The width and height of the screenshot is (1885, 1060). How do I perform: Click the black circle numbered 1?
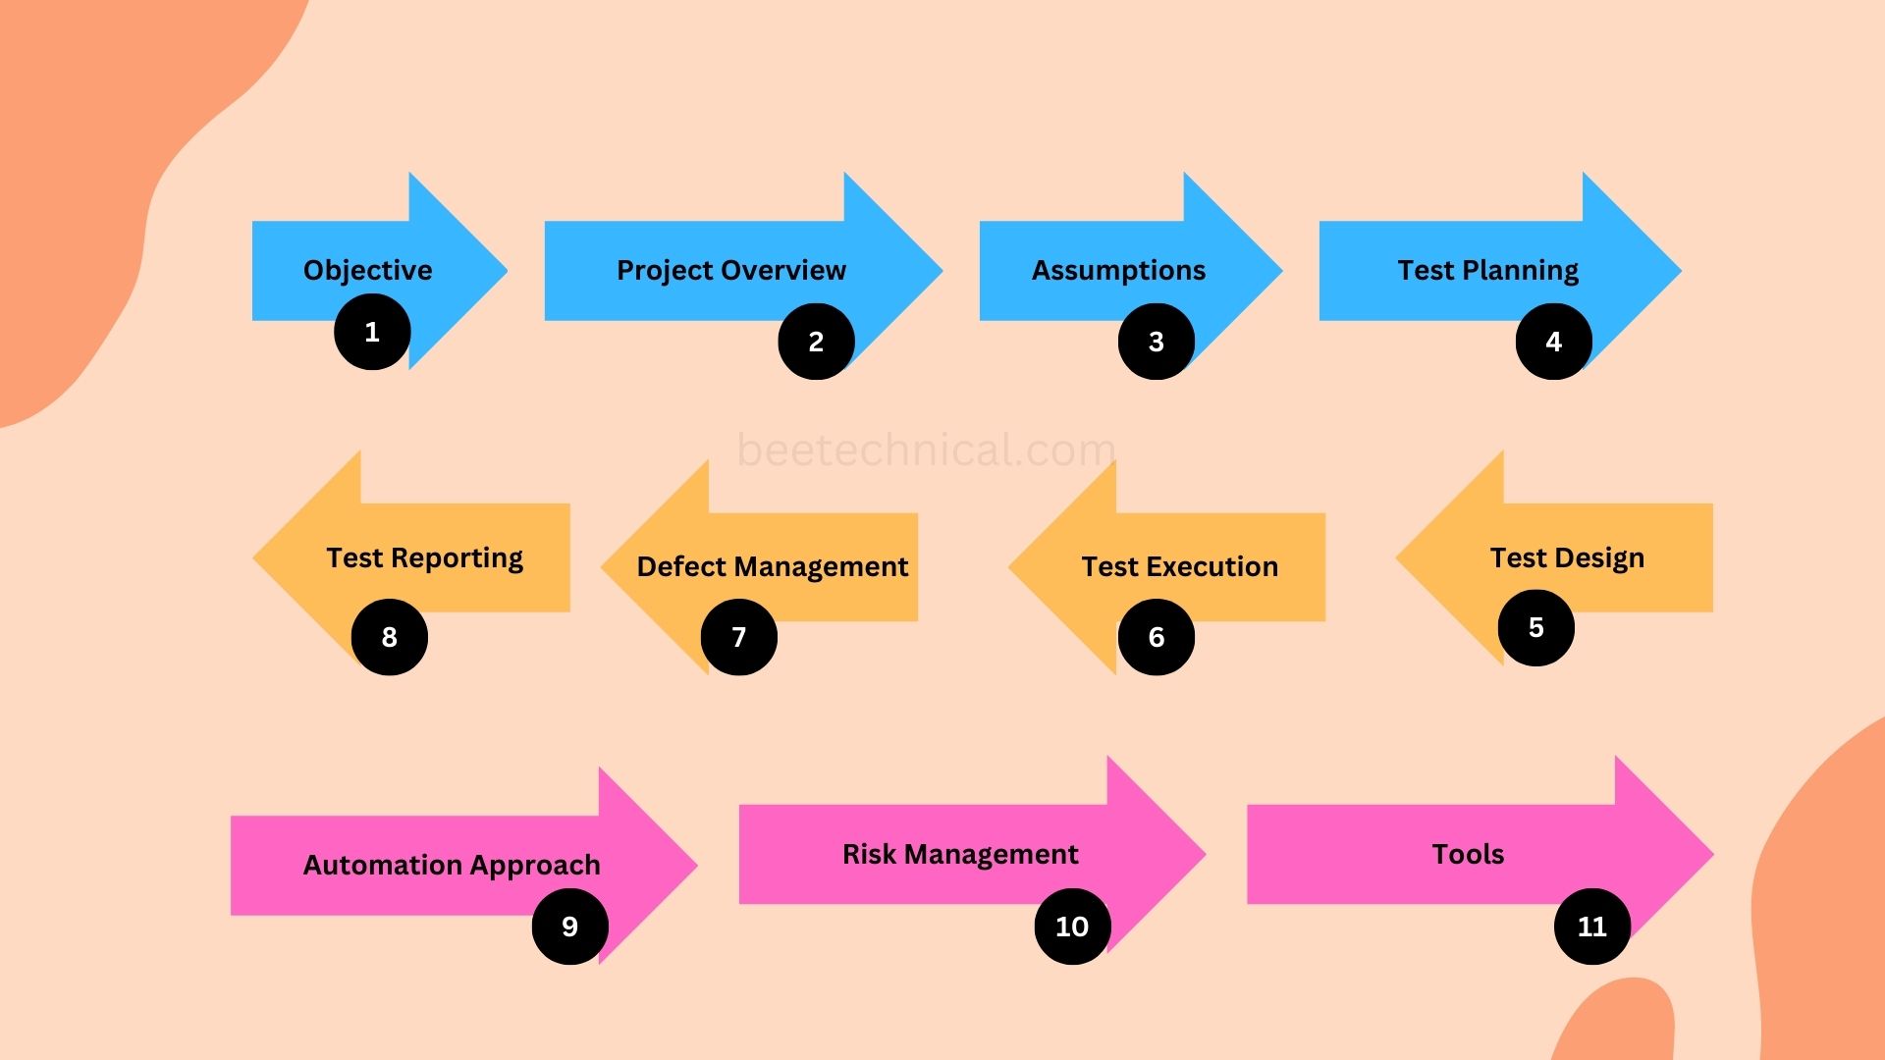(372, 333)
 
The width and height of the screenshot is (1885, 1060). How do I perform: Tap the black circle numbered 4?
(1553, 342)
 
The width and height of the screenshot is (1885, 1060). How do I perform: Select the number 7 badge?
(738, 637)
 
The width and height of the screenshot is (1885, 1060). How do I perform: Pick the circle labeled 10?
(1071, 927)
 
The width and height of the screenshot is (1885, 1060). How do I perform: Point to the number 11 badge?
(1591, 927)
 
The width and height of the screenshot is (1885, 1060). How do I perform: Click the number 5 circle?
(1535, 628)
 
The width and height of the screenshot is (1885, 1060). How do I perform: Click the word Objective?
(367, 270)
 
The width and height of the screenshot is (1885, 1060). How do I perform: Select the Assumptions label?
(1118, 270)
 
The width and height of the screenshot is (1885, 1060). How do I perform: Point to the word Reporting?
(457, 558)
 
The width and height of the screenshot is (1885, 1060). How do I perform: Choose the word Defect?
(680, 566)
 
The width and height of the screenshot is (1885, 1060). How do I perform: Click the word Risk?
(869, 854)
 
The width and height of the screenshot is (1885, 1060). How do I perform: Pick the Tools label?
(1468, 854)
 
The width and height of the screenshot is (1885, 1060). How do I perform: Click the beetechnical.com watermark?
(926, 450)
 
